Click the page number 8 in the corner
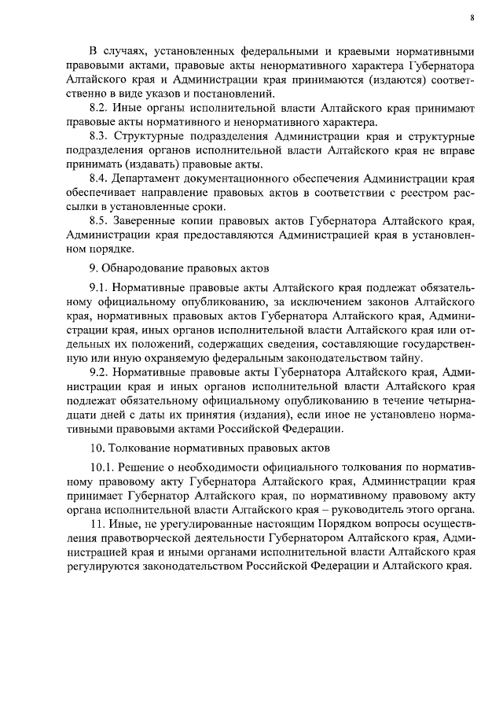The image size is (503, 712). (472, 17)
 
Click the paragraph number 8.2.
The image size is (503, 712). (100, 108)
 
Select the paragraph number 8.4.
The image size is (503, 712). (100, 179)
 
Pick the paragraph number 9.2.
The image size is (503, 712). (100, 372)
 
